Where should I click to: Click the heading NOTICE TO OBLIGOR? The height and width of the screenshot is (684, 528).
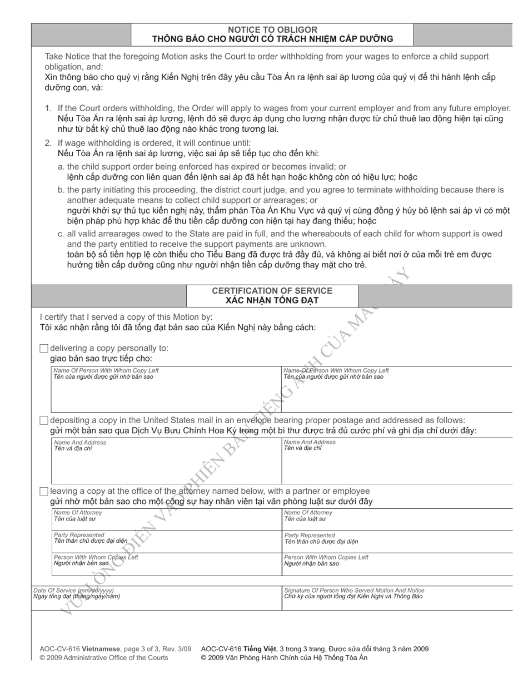click(x=272, y=29)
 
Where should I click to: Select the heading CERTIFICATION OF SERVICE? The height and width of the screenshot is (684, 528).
click(x=272, y=291)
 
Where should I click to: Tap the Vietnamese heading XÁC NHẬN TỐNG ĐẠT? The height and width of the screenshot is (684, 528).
click(x=272, y=301)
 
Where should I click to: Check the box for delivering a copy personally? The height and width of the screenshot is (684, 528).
click(x=44, y=349)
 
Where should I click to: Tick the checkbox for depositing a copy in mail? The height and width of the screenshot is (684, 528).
click(x=44, y=420)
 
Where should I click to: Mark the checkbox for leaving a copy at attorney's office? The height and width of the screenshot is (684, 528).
click(x=44, y=491)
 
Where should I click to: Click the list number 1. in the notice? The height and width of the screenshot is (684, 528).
click(x=49, y=108)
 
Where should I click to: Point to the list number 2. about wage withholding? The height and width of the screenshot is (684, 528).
click(x=49, y=143)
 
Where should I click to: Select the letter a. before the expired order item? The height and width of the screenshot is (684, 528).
click(x=61, y=166)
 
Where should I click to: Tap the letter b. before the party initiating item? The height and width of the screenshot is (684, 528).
click(x=61, y=190)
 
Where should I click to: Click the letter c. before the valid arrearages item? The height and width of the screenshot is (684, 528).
click(x=61, y=234)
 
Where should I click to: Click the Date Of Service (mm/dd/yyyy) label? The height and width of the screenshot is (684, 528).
click(x=73, y=590)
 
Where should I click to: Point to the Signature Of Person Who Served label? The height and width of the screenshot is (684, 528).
click(x=354, y=590)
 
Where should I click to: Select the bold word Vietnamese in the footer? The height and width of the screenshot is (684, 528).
click(x=98, y=648)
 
